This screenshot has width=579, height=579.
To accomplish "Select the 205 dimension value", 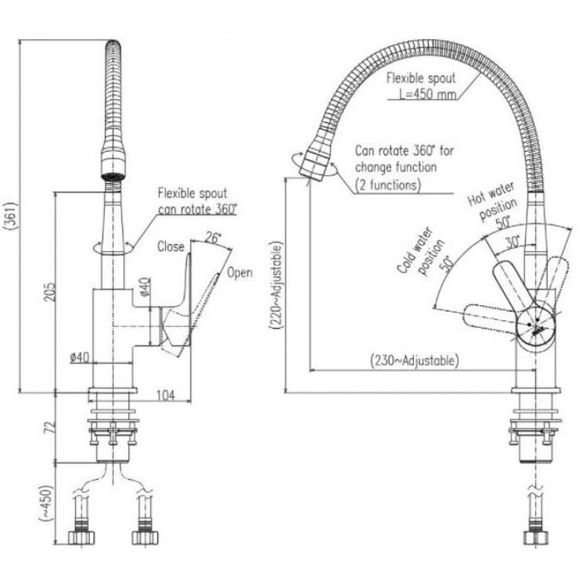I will [x=49, y=290].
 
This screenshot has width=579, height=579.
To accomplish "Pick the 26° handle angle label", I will [x=213, y=237].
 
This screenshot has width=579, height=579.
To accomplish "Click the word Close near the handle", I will [x=171, y=247].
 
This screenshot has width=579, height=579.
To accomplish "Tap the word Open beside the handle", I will [x=239, y=273].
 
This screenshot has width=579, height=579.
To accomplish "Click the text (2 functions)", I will [x=388, y=185].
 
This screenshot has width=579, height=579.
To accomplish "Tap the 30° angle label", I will [x=512, y=243].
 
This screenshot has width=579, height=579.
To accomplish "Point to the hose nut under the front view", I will [x=535, y=539].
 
